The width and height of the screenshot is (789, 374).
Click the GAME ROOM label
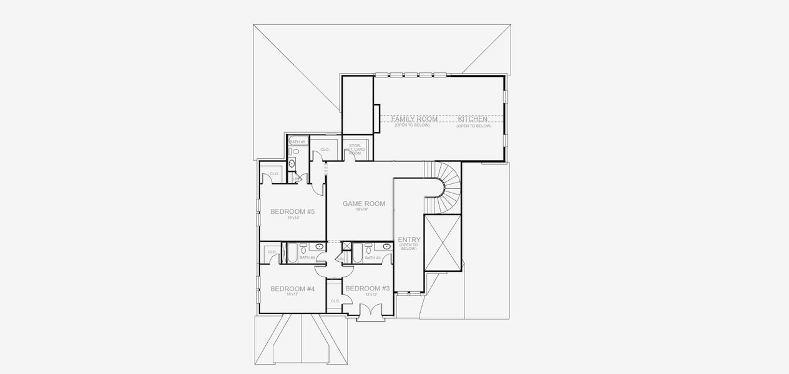pos(364,203)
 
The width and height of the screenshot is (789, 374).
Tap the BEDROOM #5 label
pos(292,212)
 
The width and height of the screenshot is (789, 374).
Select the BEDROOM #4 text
pos(292,289)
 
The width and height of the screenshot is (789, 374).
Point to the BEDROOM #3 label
pos(368,288)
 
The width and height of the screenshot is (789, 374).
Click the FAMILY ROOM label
pos(414,118)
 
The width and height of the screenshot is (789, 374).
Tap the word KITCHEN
pos(474,118)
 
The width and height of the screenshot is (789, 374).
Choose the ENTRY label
pos(409,239)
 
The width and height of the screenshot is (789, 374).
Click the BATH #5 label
pos(297,141)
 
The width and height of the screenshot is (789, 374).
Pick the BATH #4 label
pos(306,257)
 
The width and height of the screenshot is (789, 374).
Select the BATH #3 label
pos(373,257)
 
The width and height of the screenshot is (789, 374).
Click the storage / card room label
pos(355,149)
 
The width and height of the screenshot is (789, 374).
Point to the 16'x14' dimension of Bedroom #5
pos(292,218)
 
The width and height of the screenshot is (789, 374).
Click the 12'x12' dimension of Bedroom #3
pos(371,294)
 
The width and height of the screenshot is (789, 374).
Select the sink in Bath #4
pos(320,247)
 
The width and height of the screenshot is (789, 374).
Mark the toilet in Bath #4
pos(302,247)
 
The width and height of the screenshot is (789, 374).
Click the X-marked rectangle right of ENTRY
pos(442,243)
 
